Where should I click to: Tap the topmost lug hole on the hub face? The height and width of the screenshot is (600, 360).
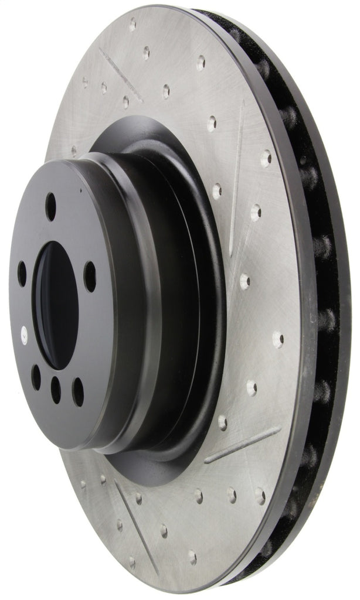pos(51,206)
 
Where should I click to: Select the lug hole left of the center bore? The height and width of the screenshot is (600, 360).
pos(22,273)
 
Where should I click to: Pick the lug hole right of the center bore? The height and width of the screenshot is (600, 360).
pos(90,275)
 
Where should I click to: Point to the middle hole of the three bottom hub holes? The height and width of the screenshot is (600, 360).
pos(56,389)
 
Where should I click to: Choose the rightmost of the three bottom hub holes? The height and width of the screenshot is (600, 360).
pos(77,391)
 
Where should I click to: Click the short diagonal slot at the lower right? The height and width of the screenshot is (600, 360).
pos(243,444)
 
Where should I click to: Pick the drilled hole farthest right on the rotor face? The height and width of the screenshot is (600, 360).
pos(279,339)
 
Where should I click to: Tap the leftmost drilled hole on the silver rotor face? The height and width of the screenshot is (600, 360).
pos(73,151)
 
